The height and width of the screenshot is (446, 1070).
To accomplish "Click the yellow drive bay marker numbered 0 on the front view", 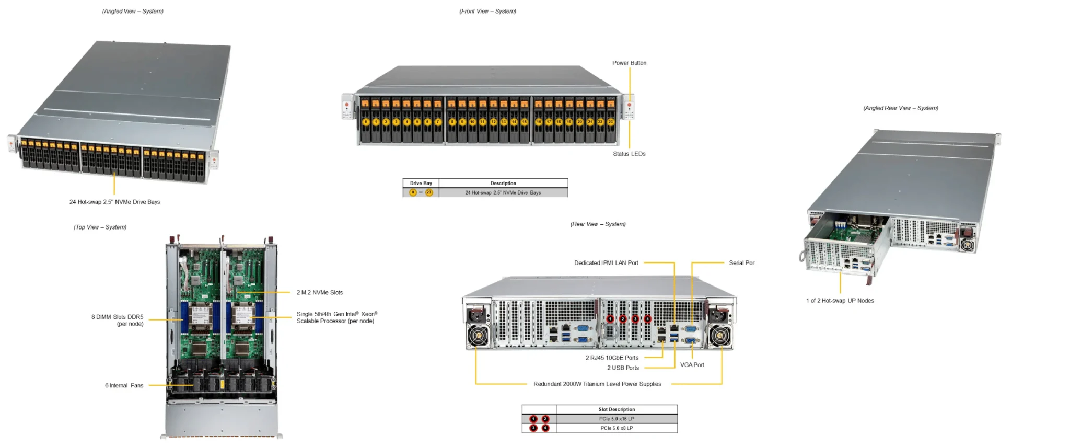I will [366, 122].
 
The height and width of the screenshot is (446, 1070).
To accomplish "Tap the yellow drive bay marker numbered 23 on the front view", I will [610, 122].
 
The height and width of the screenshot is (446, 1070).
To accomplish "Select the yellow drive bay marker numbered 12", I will [493, 122].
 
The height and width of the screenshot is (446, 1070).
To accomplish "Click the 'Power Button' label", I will [629, 63].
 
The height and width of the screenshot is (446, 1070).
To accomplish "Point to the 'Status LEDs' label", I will [629, 154].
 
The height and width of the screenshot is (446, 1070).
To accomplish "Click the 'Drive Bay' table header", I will [421, 184].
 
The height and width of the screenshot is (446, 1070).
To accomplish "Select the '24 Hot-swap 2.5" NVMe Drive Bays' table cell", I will [503, 193].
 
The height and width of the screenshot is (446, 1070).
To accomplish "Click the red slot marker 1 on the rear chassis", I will [610, 319].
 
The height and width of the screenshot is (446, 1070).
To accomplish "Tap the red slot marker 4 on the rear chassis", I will [648, 319].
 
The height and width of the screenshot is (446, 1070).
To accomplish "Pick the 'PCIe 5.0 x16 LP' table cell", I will [617, 419].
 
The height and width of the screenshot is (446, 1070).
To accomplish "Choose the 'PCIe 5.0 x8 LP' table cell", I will [617, 428].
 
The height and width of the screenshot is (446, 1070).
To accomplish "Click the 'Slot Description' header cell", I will [617, 409].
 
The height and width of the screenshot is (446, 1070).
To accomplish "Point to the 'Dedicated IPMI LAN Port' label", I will [606, 263].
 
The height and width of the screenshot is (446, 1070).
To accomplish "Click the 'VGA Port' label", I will [692, 365].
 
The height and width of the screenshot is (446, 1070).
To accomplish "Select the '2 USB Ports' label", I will [623, 368].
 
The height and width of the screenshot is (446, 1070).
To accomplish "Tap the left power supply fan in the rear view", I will [478, 336].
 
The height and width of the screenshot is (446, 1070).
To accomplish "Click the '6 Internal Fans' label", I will [124, 386].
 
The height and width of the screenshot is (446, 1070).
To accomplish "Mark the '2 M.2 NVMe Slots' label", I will [320, 293].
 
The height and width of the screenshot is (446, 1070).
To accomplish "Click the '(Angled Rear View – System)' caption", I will [900, 108].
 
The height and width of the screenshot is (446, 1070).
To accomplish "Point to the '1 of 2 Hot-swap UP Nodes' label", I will [840, 301].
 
